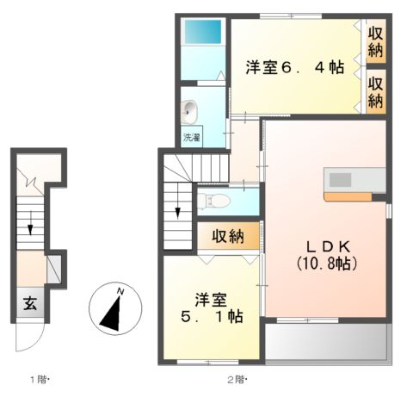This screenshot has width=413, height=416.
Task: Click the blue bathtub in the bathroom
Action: click(x=203, y=34)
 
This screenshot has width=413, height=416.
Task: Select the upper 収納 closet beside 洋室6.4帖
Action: click(x=375, y=41)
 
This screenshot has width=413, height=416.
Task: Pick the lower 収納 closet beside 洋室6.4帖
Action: click(x=375, y=90)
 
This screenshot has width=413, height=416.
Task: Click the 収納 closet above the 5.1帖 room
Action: click(x=228, y=235)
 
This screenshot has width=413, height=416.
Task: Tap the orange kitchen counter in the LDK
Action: click(x=348, y=196)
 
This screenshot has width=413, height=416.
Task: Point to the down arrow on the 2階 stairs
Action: click(x=177, y=211)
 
